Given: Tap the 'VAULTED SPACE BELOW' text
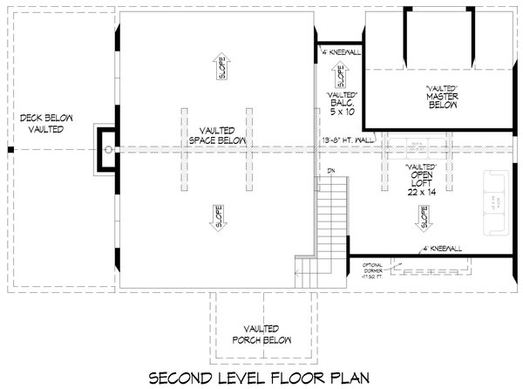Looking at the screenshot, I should (x=214, y=133).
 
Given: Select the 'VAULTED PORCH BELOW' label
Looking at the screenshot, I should (x=255, y=334).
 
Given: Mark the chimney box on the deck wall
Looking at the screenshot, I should (x=106, y=149).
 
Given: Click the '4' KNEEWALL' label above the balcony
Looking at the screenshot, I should (x=339, y=52).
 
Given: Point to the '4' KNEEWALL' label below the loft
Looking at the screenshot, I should (x=442, y=249).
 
